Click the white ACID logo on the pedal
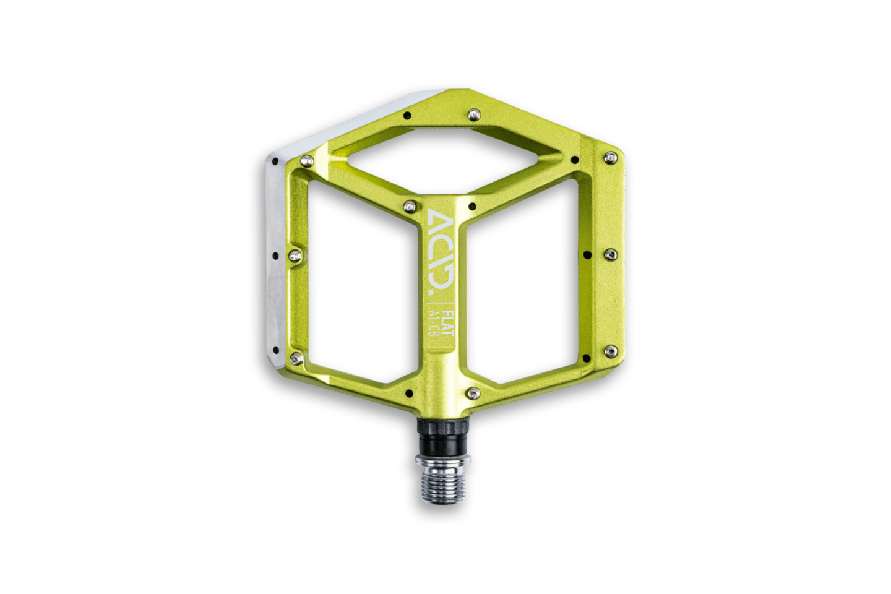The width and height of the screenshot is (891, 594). click(439, 256)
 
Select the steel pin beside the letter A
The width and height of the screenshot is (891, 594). click(410, 206)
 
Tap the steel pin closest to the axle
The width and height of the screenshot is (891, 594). click(473, 394)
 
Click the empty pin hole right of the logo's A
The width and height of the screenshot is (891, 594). click(473, 207)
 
